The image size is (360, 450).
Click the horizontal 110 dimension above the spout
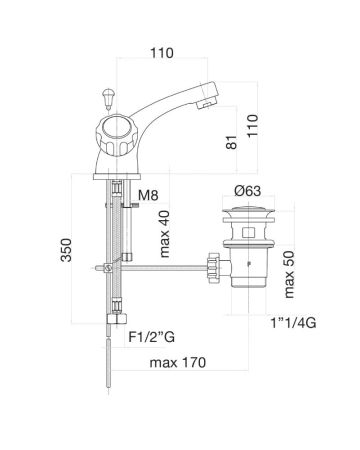pyautogui.click(x=162, y=53)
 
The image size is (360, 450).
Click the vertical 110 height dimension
pyautogui.click(x=252, y=125)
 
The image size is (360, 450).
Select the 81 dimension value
pyautogui.click(x=232, y=142)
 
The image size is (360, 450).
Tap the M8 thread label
pyautogui.click(x=148, y=195)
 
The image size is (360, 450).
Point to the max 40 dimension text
pyautogui.click(x=165, y=234)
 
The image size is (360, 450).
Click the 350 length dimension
pyautogui.click(x=66, y=250)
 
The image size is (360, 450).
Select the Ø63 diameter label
pyautogui.click(x=248, y=191)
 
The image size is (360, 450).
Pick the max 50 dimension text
pyautogui.click(x=289, y=274)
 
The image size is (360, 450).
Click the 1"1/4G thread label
pyautogui.click(x=293, y=323)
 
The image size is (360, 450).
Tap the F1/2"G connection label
pyautogui.click(x=152, y=337)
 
